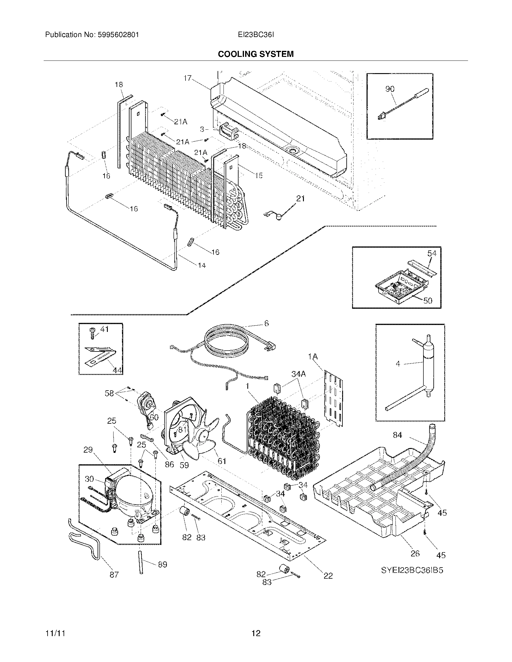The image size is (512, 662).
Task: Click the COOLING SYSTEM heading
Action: coord(256,54)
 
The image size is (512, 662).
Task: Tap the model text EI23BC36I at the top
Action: coord(256,35)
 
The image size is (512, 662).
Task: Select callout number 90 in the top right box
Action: coord(390,89)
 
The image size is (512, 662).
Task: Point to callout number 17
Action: coord(187,78)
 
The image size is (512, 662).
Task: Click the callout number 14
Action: coord(202,265)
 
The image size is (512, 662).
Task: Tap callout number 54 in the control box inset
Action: coord(432,253)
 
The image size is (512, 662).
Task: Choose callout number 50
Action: coord(427,301)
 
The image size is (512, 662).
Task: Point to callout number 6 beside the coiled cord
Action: coord(266,323)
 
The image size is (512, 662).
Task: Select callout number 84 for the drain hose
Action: coord(397,435)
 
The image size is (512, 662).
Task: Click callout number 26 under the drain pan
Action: coord(415,553)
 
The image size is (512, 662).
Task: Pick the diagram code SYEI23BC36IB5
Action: coord(412,570)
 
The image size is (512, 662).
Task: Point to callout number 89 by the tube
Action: coord(162,565)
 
